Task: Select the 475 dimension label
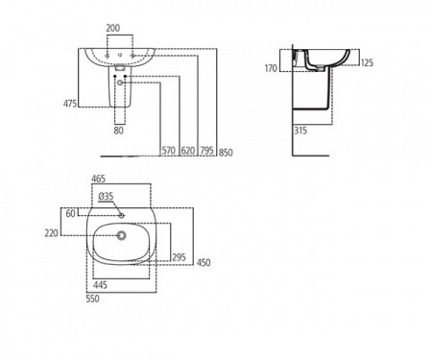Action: [x=70, y=103]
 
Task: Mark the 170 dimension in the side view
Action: [x=273, y=68]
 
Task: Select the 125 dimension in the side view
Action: [x=366, y=63]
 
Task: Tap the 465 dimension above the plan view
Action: [x=98, y=180]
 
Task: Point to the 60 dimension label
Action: [x=70, y=213]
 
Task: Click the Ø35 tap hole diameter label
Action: [x=106, y=198]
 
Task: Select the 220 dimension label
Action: [x=69, y=233]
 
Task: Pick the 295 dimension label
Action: [x=178, y=257]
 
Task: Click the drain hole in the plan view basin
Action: [x=121, y=234]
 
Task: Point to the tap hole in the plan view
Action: [x=121, y=213]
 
